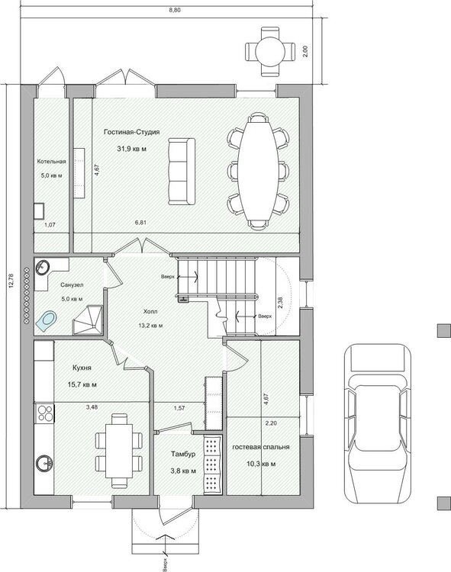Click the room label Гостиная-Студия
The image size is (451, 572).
[132, 132]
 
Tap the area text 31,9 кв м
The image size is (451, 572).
[132, 149]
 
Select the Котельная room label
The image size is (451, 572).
[51, 161]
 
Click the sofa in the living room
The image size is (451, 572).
[182, 171]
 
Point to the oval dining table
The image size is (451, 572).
[258, 171]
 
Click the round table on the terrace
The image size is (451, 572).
[270, 52]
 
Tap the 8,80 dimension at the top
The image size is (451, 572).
[175, 10]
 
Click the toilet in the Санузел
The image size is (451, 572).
[47, 320]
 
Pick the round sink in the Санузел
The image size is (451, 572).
[43, 268]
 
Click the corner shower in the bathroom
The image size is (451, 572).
[87, 320]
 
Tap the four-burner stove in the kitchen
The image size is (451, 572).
[44, 413]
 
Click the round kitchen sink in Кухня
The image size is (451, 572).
[44, 463]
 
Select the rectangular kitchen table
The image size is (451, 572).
[119, 451]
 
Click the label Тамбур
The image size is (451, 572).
[183, 455]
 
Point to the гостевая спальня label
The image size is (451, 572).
[261, 447]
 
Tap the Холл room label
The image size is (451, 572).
[150, 311]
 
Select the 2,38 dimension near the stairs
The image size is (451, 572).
[280, 303]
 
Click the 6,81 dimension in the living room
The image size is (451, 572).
[140, 222]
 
